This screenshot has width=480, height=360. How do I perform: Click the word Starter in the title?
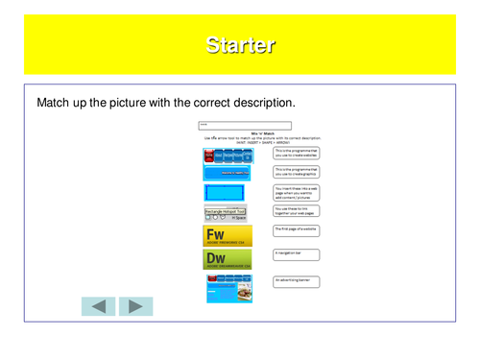point(240,44)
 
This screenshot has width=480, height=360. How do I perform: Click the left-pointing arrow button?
point(97,306)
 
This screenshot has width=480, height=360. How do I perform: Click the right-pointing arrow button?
point(135,306)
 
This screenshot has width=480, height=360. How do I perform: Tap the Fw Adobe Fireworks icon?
point(228,236)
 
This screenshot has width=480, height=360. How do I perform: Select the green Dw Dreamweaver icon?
point(228,259)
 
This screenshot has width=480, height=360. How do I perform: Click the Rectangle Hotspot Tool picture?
point(227,214)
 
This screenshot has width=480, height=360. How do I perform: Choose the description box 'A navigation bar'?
point(296,253)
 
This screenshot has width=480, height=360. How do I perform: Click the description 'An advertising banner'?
point(296,280)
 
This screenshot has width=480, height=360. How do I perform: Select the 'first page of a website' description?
point(296,230)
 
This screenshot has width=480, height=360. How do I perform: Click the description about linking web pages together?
point(296,210)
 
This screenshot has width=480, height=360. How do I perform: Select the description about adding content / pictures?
point(296,191)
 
